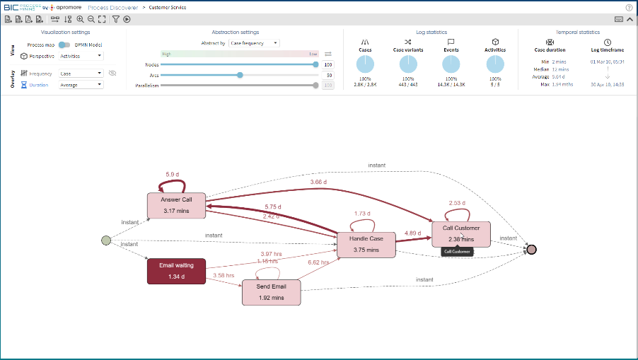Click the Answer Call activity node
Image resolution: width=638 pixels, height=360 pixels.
[x=176, y=205]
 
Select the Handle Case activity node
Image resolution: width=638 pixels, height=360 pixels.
[x=366, y=244]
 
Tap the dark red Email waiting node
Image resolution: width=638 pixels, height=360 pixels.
[x=176, y=271]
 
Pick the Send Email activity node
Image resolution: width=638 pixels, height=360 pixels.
[x=272, y=292]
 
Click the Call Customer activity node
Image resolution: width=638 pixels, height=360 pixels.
[x=460, y=233]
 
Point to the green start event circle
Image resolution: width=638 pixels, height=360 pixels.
[x=106, y=240]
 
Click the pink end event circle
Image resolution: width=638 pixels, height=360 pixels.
[x=532, y=249]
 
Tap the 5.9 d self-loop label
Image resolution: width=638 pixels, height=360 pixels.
[x=173, y=174]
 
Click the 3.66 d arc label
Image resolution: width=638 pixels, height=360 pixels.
[x=319, y=182]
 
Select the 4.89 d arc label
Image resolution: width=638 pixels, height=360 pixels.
[x=414, y=233]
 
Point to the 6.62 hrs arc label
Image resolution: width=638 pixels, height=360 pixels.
[x=318, y=262]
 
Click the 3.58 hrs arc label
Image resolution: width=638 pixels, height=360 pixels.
[x=224, y=275]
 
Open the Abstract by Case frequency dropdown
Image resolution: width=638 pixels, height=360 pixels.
[x=255, y=43]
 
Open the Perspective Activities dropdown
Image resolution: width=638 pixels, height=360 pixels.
[x=81, y=55]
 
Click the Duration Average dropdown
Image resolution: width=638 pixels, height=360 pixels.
[x=81, y=85]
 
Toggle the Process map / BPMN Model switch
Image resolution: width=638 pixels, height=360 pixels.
[x=64, y=45]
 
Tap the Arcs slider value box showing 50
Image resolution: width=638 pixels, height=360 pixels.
[x=328, y=74]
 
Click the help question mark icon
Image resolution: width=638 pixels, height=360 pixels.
[x=629, y=7]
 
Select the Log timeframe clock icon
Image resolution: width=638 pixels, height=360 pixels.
[x=607, y=42]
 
